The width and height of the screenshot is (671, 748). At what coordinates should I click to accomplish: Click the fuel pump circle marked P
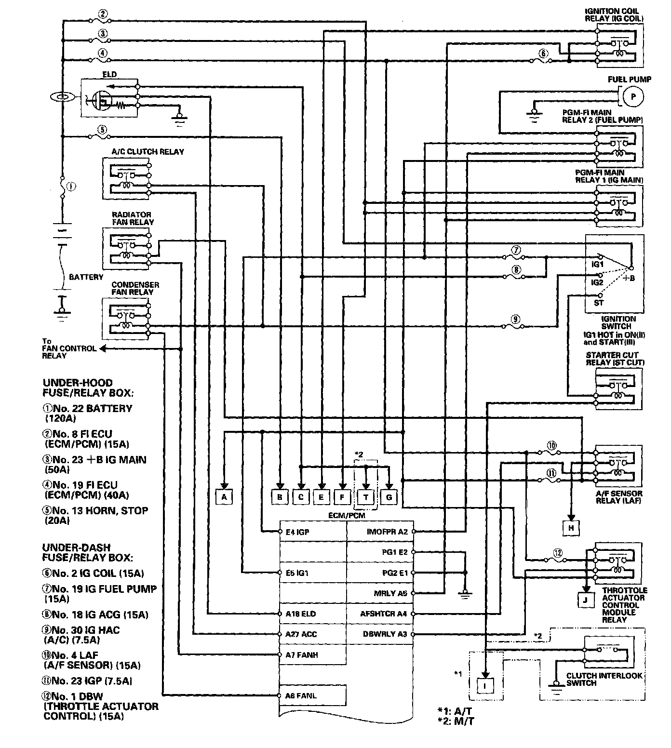pos(633,97)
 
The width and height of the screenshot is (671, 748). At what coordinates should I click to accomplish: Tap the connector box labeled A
pos(224,496)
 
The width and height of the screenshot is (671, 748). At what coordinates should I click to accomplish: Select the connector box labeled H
pos(571,528)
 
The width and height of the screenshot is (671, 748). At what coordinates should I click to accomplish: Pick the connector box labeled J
pos(585,600)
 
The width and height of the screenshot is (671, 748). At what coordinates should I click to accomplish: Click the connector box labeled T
pos(366,497)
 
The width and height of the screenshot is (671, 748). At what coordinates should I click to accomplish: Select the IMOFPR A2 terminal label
pos(387,532)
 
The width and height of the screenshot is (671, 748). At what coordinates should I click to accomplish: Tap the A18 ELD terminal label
pos(301,614)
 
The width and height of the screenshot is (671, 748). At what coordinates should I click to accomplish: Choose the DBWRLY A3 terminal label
pos(385,634)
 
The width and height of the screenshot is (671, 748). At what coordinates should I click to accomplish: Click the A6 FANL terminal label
pos(301,695)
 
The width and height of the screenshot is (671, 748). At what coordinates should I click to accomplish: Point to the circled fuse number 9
pos(515,319)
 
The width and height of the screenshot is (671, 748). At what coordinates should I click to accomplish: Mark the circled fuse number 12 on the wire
pos(558,553)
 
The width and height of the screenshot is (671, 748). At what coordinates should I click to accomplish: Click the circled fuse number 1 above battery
pos(71,187)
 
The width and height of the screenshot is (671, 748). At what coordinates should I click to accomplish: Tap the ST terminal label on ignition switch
pos(598,303)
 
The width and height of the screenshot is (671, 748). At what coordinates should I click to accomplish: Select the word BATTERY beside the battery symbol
pos(86,277)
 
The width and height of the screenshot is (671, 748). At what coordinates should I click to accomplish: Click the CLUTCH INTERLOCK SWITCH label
pos(604,679)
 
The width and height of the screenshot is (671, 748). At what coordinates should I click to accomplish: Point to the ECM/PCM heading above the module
pos(347,515)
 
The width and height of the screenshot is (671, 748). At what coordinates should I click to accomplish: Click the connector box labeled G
pos(389,497)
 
